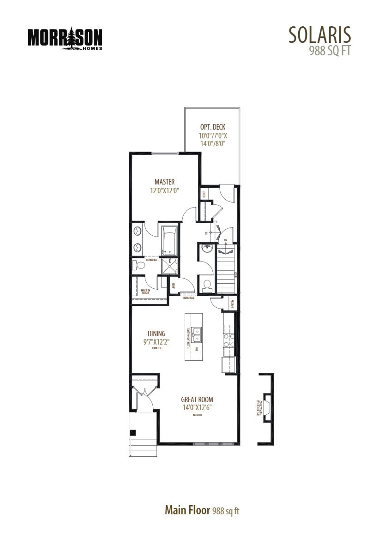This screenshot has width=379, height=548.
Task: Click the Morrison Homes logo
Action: (x=65, y=38)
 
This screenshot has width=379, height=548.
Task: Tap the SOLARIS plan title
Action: (x=319, y=35)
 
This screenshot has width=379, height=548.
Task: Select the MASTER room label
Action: (x=164, y=182)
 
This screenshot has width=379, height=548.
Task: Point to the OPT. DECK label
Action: (x=213, y=127)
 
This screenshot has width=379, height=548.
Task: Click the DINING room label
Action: (x=156, y=334)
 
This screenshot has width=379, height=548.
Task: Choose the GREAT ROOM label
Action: (x=197, y=399)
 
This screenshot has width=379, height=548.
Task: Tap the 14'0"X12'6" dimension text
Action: (x=197, y=407)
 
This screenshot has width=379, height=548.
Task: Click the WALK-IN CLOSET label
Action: (x=145, y=292)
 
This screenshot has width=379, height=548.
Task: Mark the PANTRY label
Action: (x=233, y=303)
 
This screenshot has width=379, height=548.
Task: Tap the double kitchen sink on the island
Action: (x=198, y=334)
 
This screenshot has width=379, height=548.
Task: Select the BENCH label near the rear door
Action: (x=204, y=195)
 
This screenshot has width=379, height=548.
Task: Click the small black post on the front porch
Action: (x=133, y=433)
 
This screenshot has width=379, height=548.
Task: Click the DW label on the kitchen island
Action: (x=197, y=349)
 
